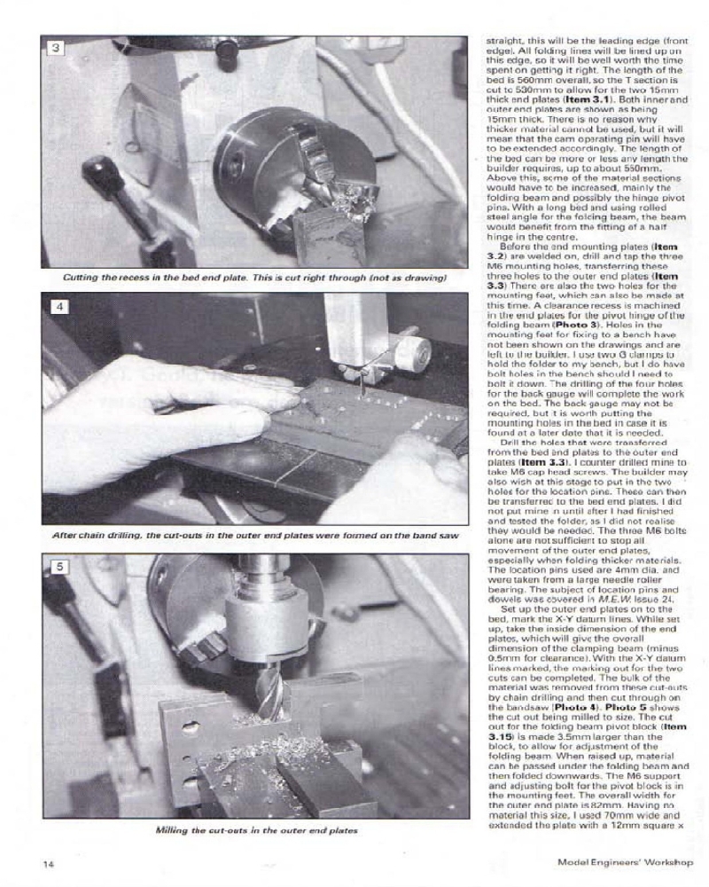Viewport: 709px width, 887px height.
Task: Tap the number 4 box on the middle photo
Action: tap(55, 307)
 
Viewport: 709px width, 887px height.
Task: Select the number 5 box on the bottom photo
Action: tap(55, 565)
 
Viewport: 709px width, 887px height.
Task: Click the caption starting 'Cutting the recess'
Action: tap(254, 277)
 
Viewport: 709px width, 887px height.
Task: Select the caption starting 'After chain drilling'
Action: tap(254, 535)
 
